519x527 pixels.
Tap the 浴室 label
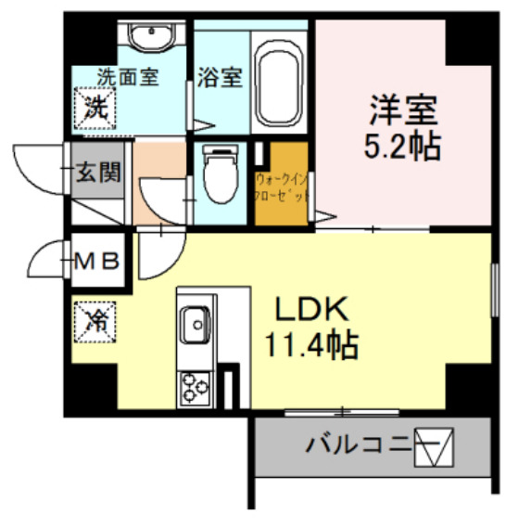[x=221, y=78]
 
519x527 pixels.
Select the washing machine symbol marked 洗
[x=95, y=106]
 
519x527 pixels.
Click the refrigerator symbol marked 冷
[x=96, y=321]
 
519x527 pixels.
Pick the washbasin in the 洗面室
[x=149, y=39]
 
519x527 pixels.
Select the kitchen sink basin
[x=196, y=324]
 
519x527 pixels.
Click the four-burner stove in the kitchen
[x=196, y=386]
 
